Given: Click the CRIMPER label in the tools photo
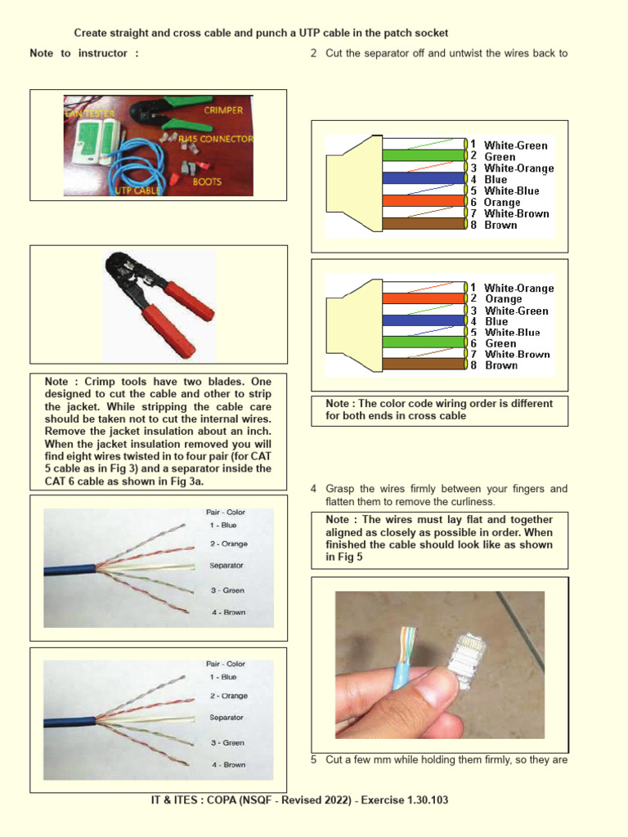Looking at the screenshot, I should (223, 110).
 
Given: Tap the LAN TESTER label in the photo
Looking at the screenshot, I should (87, 114).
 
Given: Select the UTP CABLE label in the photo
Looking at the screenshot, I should (136, 190).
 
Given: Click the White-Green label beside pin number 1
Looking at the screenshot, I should (516, 145).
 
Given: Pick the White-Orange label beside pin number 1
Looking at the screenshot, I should (518, 288).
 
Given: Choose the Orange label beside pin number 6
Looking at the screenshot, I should (501, 202).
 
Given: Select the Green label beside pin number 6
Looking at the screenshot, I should (500, 344).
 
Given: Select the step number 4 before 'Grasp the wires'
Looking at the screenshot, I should (314, 489).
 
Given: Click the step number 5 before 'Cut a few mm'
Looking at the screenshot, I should (314, 760).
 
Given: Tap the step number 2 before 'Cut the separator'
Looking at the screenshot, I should (314, 54).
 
